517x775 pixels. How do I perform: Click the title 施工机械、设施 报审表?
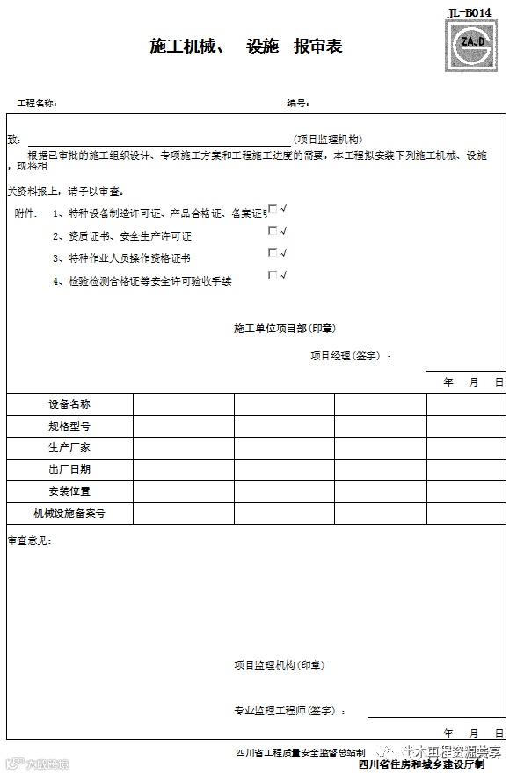[245, 47]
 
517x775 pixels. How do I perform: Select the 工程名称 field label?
[37, 104]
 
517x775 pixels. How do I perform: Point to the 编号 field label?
[297, 104]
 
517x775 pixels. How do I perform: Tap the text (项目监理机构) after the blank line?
[326, 140]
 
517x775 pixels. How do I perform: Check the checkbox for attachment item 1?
[273, 209]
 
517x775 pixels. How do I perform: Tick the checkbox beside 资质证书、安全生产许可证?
[273, 231]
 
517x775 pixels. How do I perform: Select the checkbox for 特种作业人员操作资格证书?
[273, 253]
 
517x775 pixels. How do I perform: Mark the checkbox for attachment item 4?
[273, 275]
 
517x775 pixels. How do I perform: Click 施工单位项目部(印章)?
[284, 329]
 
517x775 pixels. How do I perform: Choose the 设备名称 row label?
[69, 404]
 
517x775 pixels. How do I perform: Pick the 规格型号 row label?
[69, 426]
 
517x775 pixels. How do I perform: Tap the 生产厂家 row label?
[69, 447]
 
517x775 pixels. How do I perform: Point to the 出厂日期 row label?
[69, 469]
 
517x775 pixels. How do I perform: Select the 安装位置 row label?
[69, 491]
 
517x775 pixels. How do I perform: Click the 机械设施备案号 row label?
[69, 513]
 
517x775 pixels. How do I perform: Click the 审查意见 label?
[29, 540]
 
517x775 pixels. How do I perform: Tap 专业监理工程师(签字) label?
[289, 711]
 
